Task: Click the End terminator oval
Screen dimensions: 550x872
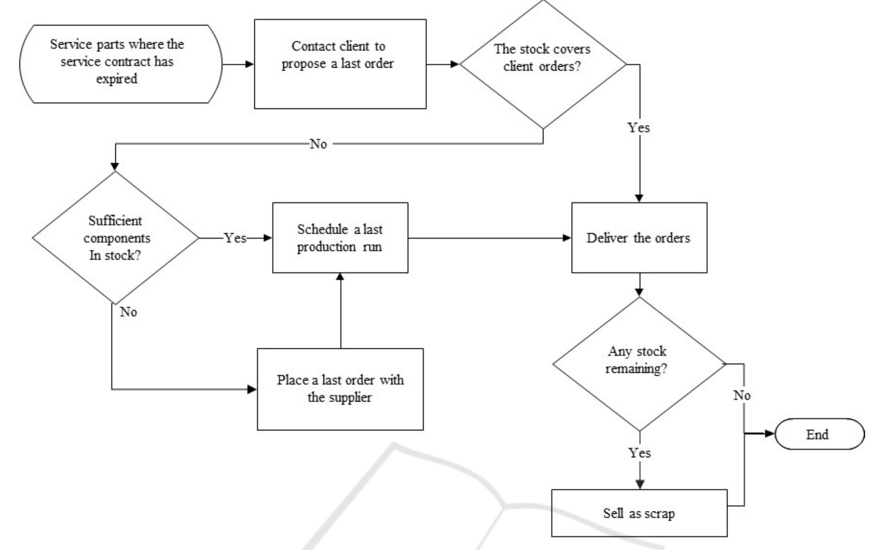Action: click(819, 434)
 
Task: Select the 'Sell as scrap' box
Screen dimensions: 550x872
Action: click(639, 513)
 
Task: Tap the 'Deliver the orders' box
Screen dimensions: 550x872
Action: click(639, 237)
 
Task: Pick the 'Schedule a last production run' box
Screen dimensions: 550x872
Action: click(340, 237)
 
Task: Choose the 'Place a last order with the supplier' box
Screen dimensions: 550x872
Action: click(340, 389)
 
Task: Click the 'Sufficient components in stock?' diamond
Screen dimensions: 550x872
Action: click(115, 237)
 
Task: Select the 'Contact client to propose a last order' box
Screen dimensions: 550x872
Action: click(340, 64)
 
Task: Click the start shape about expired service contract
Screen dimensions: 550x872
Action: click(120, 64)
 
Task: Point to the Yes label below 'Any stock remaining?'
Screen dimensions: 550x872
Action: click(639, 453)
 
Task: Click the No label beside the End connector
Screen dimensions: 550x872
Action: click(742, 395)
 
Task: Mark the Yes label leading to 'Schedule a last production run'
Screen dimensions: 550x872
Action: click(235, 238)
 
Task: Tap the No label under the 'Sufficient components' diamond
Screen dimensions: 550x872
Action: click(128, 312)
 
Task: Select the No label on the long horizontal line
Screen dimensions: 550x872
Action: click(318, 144)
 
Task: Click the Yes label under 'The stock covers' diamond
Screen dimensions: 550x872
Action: click(638, 128)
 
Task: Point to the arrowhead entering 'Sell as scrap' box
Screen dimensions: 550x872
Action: click(640, 484)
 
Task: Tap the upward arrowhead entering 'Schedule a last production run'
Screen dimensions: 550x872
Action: click(340, 277)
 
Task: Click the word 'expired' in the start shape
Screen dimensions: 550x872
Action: click(117, 79)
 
